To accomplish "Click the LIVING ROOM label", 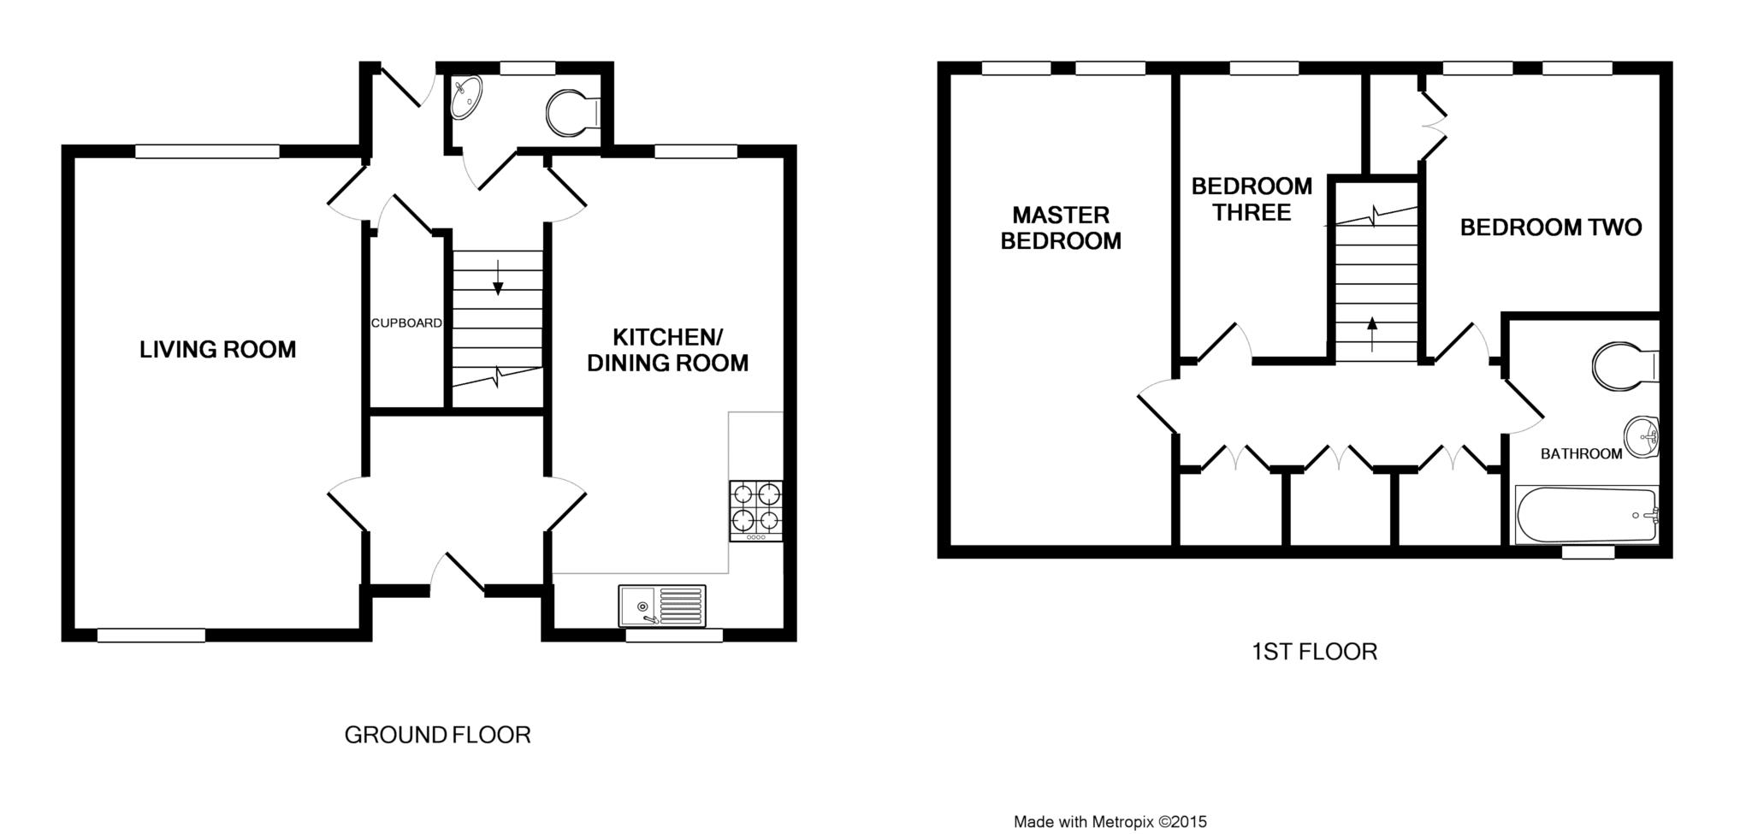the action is pyautogui.click(x=217, y=349).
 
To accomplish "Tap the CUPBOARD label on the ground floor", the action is pyautogui.click(x=406, y=323).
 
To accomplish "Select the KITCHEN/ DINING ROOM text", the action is pyautogui.click(x=667, y=350).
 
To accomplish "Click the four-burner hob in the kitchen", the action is pyautogui.click(x=755, y=511).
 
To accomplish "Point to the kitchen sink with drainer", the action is pyautogui.click(x=662, y=606).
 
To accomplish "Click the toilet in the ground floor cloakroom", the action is pyautogui.click(x=573, y=114).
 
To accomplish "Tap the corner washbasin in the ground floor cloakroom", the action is pyautogui.click(x=465, y=97).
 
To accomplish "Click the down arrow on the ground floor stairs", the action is pyautogui.click(x=497, y=278).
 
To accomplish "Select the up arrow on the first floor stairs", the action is pyautogui.click(x=1372, y=334).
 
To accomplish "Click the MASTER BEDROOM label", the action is pyautogui.click(x=1061, y=228).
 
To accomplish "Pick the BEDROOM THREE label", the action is pyautogui.click(x=1252, y=199).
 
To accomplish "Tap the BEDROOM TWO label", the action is pyautogui.click(x=1550, y=228).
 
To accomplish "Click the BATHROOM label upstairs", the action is pyautogui.click(x=1581, y=454).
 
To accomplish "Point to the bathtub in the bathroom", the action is pyautogui.click(x=1587, y=514).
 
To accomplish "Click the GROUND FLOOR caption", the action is pyautogui.click(x=437, y=735).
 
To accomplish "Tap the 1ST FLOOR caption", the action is pyautogui.click(x=1314, y=652).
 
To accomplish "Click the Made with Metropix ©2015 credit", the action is pyautogui.click(x=1110, y=822).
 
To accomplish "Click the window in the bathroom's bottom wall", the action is pyautogui.click(x=1588, y=553).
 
